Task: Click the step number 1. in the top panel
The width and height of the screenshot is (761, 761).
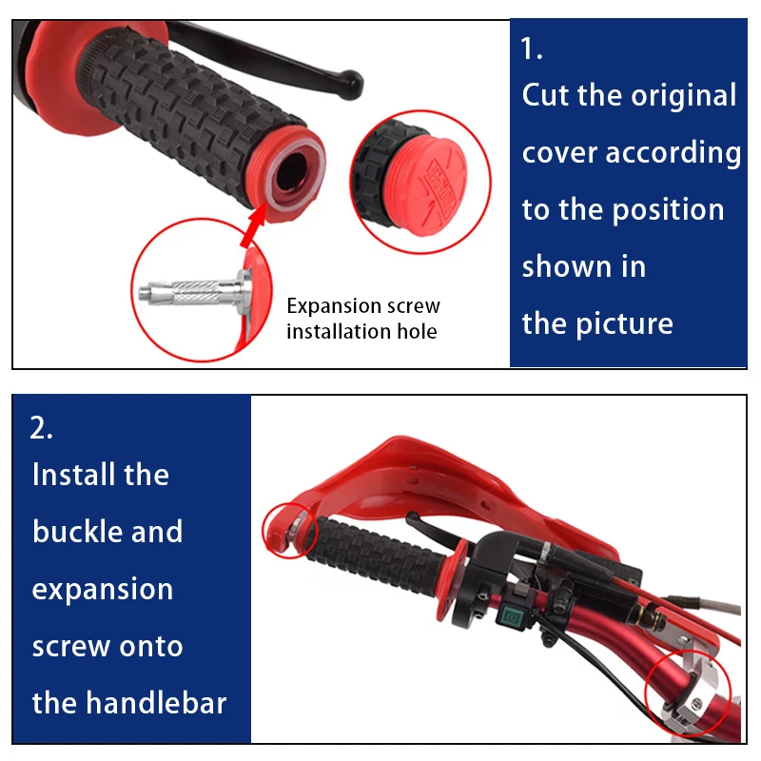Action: point(532,49)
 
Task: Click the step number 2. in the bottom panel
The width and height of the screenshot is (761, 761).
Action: point(42,427)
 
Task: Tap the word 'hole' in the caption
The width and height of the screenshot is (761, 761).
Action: point(416,331)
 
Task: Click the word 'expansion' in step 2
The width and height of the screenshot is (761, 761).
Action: point(103,589)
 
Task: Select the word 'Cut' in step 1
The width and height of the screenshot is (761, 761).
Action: point(547,95)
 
